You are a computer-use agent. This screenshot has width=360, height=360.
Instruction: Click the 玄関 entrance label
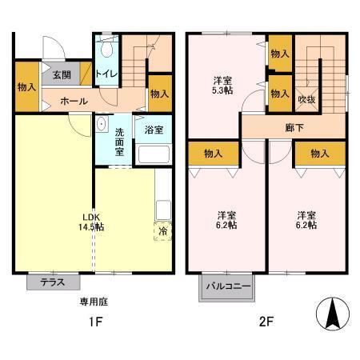62,75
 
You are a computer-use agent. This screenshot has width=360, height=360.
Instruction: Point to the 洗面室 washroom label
119,141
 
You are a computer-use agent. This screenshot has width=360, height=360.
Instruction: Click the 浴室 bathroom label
154,127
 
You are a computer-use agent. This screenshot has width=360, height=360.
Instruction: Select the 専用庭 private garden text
93,302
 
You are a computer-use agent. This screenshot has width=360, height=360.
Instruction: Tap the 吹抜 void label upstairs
306,99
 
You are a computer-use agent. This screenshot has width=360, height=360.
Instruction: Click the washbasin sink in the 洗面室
102,126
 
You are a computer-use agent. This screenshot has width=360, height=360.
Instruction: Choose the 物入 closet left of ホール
26,86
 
